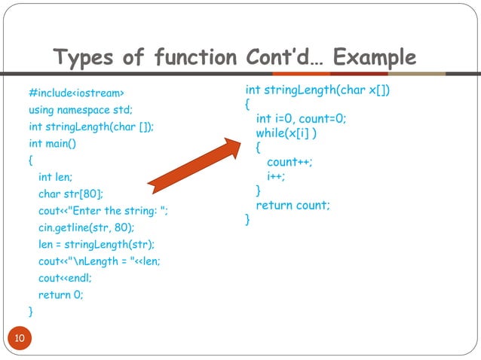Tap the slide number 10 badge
click(20, 338)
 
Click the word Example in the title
click(374, 57)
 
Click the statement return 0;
click(60, 294)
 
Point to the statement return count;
click(293, 205)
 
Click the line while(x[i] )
click(286, 133)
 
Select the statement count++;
click(290, 162)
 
